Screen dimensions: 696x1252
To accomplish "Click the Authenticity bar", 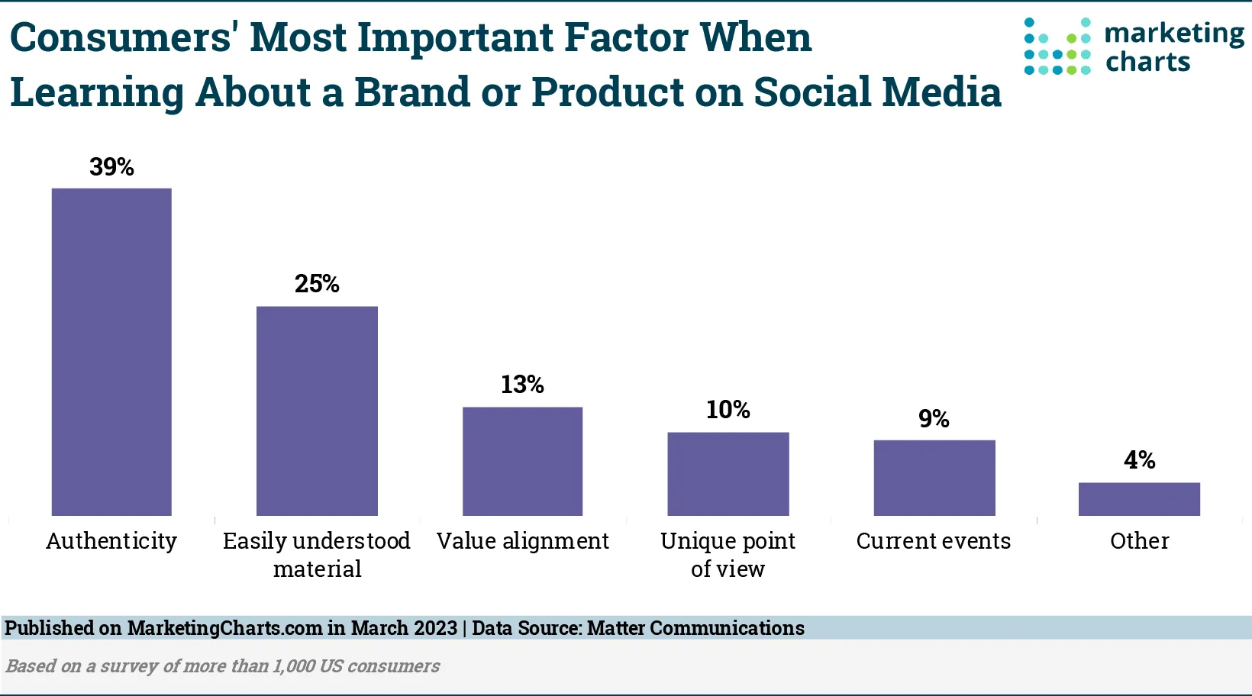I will pyautogui.click(x=111, y=352).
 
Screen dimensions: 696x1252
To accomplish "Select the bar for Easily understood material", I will pyautogui.click(x=317, y=411).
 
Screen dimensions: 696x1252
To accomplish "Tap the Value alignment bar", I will pyautogui.click(x=522, y=461).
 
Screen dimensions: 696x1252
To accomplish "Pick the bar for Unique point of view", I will pyautogui.click(x=728, y=474).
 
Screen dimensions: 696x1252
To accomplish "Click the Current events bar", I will pyautogui.click(x=934, y=478).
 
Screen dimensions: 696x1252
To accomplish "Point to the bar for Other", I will pyautogui.click(x=1139, y=499).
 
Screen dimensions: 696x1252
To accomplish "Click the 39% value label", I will pyautogui.click(x=111, y=167).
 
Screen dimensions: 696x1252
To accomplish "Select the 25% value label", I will pyautogui.click(x=317, y=284).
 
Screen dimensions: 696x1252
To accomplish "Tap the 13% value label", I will pyautogui.click(x=522, y=385).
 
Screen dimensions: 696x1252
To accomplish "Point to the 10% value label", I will pyautogui.click(x=728, y=410).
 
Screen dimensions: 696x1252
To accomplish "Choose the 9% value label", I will pyautogui.click(x=934, y=419).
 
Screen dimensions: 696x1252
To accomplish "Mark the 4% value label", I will pyautogui.click(x=1139, y=460).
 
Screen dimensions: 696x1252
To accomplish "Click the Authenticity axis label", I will pyautogui.click(x=111, y=541).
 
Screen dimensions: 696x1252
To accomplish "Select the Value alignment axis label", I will pyautogui.click(x=522, y=541).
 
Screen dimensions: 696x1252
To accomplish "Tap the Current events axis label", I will pyautogui.click(x=934, y=541).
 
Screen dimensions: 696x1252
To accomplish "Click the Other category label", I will pyautogui.click(x=1139, y=541).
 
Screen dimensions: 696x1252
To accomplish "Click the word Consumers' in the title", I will pyautogui.click(x=121, y=38).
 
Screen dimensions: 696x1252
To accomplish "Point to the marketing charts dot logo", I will pyautogui.click(x=1057, y=47).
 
